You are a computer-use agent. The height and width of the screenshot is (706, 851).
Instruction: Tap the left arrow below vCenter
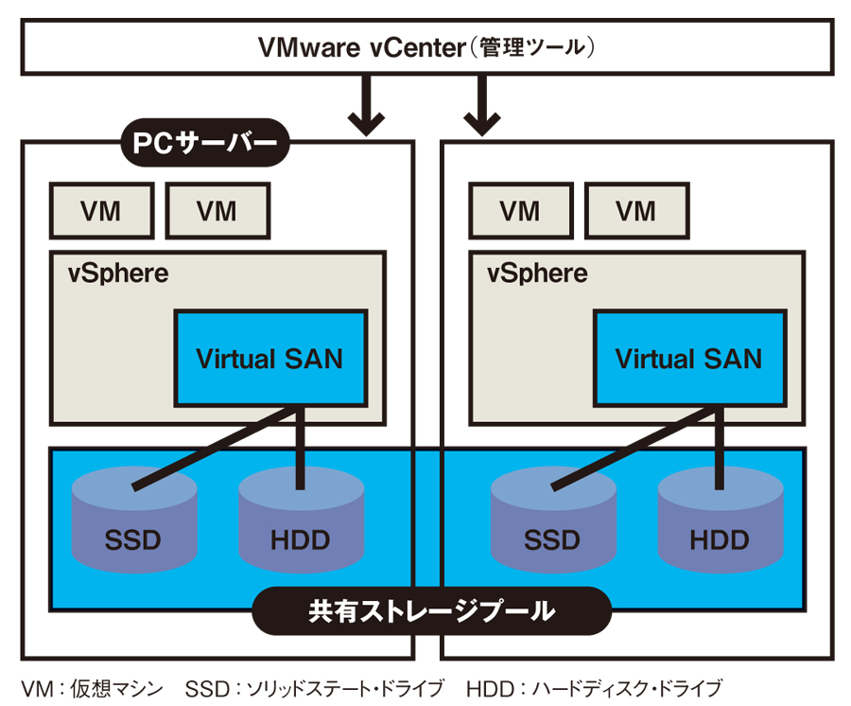click(365, 104)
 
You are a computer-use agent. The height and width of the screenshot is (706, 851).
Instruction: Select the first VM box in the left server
click(100, 211)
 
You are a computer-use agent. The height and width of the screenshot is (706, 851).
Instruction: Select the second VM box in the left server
click(217, 211)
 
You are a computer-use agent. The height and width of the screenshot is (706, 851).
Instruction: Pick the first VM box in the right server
click(520, 211)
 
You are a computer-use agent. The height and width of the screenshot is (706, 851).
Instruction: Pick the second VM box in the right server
click(636, 211)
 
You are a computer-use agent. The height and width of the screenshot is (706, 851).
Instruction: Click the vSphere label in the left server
click(118, 274)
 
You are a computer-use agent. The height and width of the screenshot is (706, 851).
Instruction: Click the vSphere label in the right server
click(537, 274)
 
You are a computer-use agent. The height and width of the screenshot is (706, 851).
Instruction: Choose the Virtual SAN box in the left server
click(269, 359)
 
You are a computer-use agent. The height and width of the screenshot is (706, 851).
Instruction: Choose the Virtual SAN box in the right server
click(688, 359)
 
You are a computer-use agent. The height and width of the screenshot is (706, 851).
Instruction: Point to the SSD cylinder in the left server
click(133, 530)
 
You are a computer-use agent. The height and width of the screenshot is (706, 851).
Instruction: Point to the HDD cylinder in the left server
click(301, 530)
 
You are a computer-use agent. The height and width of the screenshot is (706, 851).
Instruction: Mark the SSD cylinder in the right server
click(552, 530)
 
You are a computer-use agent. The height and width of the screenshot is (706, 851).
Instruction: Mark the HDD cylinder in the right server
click(720, 530)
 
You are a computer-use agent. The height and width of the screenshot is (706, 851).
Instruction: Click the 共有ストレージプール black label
click(431, 610)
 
